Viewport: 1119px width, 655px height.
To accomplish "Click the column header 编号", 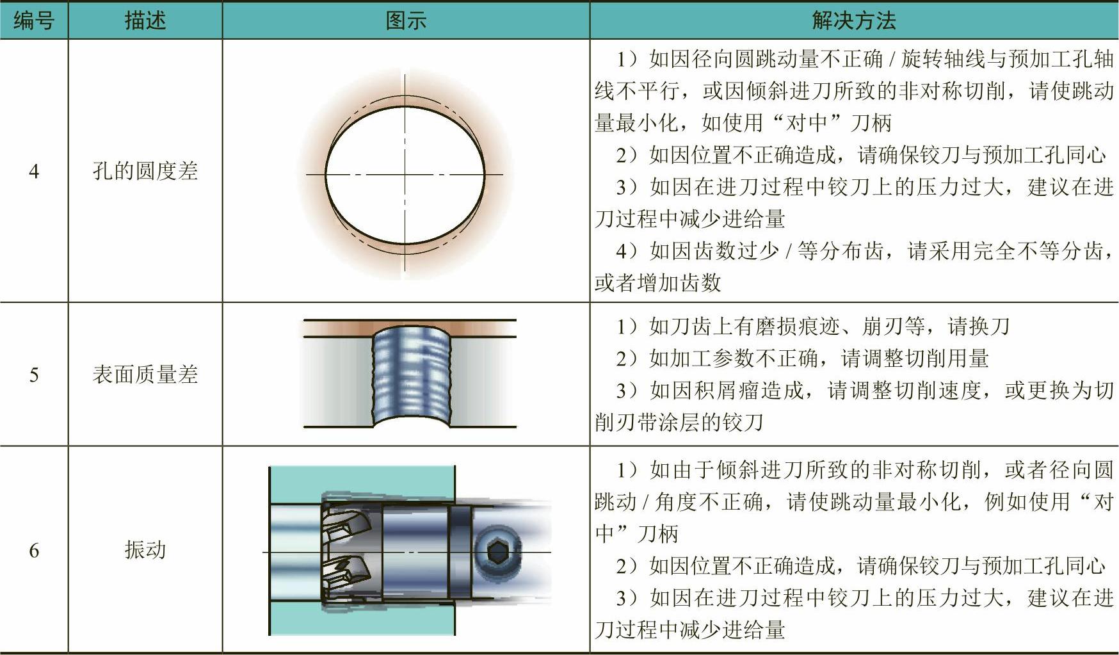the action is click(34, 20).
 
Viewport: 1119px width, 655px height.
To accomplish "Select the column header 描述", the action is click(145, 20).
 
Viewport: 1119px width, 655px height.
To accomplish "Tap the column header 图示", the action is click(406, 20).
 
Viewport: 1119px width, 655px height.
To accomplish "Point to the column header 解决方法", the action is click(854, 20).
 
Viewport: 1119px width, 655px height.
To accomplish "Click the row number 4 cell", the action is click(34, 171).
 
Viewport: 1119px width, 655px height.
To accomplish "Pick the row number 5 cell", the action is click(34, 374).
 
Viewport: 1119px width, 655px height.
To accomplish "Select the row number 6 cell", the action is click(34, 549).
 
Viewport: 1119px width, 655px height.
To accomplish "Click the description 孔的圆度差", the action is click(145, 171).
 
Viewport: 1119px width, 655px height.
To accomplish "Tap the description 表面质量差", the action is click(145, 374).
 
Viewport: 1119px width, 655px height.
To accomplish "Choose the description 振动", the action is click(145, 549).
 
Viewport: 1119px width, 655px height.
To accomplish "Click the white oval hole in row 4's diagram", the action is click(405, 174).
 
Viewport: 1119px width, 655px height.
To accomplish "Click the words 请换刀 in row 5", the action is click(979, 327).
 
